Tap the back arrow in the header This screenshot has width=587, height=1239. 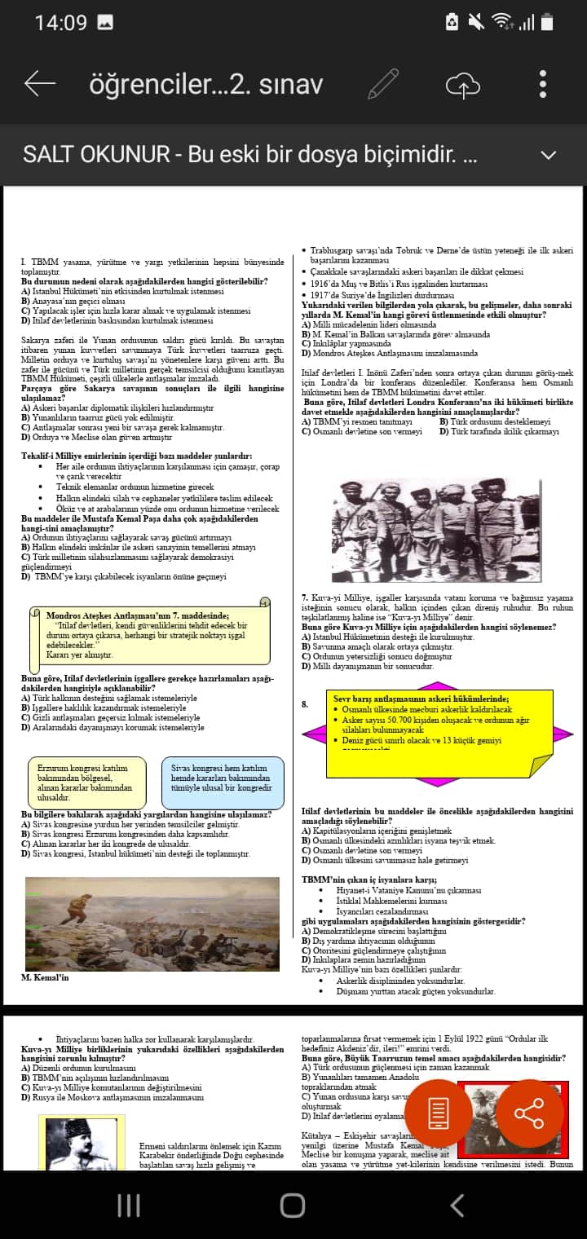coord(39,83)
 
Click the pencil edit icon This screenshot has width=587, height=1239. coord(383,84)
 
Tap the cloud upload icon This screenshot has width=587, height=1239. coord(462,85)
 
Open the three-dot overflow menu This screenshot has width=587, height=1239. coord(543,84)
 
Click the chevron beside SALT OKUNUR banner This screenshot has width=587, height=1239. coord(549,155)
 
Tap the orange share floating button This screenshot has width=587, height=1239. coord(529,1113)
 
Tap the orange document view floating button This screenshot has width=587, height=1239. coord(439,1113)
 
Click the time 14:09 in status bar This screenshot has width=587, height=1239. coord(60,23)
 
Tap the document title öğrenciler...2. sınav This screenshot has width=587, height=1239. coord(205,84)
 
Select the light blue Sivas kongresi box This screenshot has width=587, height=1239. coord(222,782)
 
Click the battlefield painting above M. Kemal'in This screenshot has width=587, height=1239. coord(152,924)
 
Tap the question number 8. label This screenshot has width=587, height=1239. coord(305,704)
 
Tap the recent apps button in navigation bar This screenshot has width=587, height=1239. coord(130,1206)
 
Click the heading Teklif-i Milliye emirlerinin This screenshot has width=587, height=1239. coord(137,456)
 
